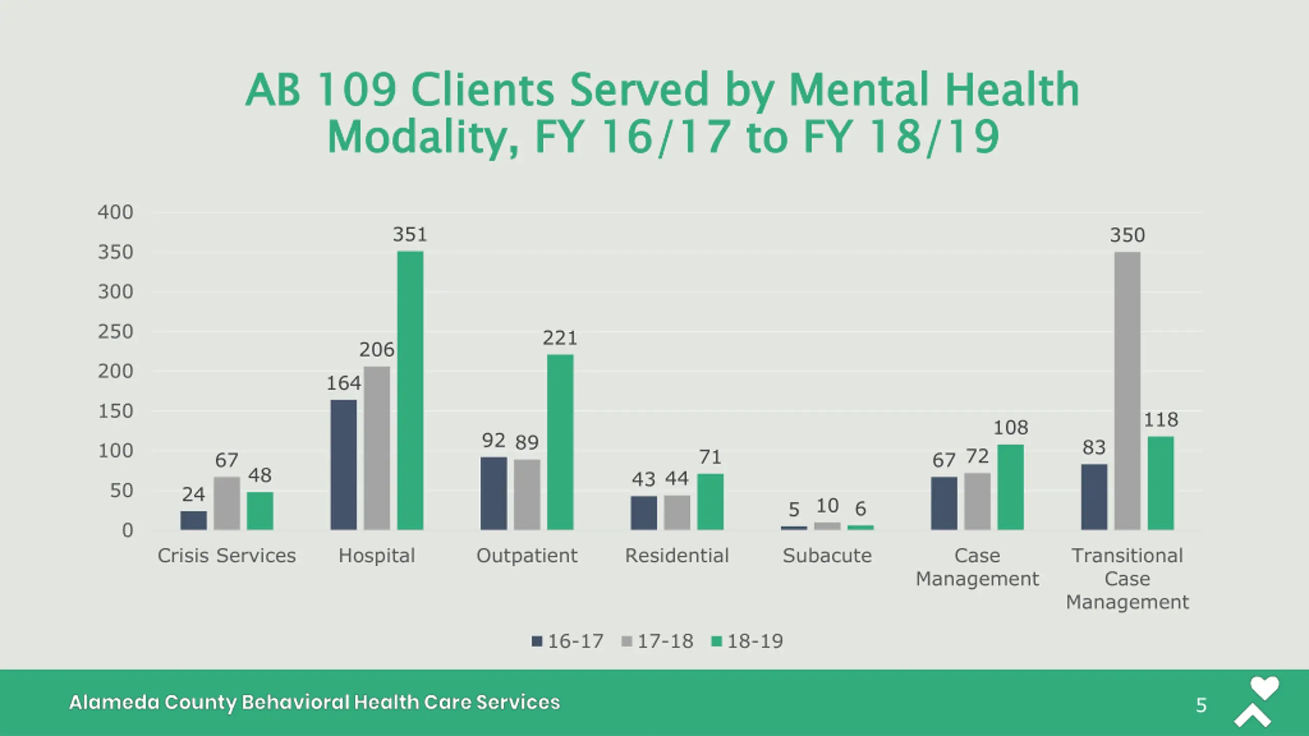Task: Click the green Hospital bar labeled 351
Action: (410, 390)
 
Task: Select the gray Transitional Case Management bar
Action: (1127, 391)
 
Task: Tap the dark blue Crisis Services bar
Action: (193, 520)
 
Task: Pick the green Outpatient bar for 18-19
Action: (560, 442)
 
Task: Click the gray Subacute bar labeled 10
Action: (827, 526)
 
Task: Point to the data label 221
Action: (560, 338)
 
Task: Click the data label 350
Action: (1127, 236)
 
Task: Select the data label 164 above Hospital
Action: (344, 383)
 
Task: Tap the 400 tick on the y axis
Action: (116, 212)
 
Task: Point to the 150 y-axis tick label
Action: (116, 411)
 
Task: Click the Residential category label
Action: (676, 556)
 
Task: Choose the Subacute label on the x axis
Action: (827, 556)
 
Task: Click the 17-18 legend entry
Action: (665, 641)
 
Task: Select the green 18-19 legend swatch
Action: (716, 641)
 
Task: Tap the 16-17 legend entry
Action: (575, 641)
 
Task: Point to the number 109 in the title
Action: (356, 90)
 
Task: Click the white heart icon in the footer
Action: (1264, 688)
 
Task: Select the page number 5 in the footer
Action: (1201, 705)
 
